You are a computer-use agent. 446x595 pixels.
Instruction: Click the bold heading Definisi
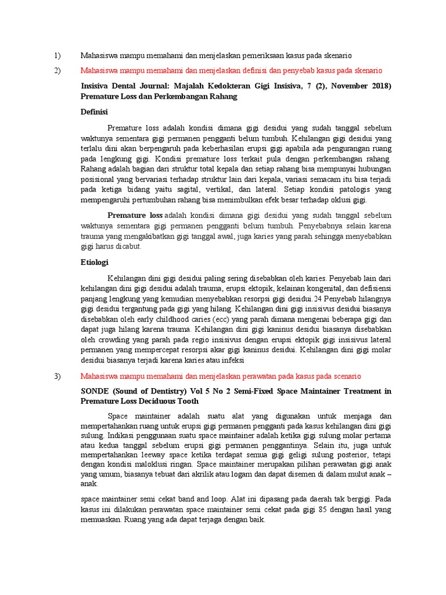93,112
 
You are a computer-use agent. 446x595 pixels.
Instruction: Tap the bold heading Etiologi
93,263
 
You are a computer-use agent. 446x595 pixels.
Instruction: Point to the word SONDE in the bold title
93,391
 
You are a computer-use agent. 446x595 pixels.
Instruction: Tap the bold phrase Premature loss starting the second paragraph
135,215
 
